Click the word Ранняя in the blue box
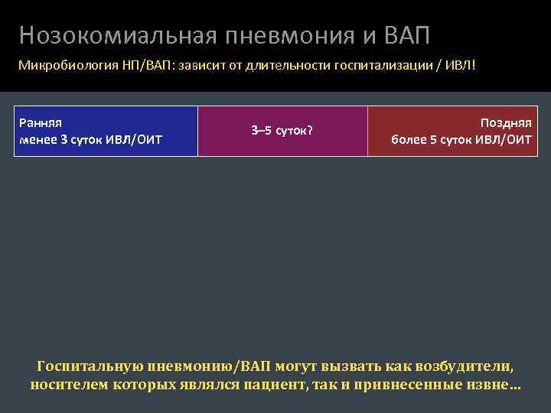coord(41,122)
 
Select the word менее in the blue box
coord(37,140)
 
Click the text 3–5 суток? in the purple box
coord(282,130)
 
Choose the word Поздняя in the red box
coord(506,122)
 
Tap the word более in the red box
coord(409,140)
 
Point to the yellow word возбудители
coord(468,366)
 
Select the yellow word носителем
coord(68,383)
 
